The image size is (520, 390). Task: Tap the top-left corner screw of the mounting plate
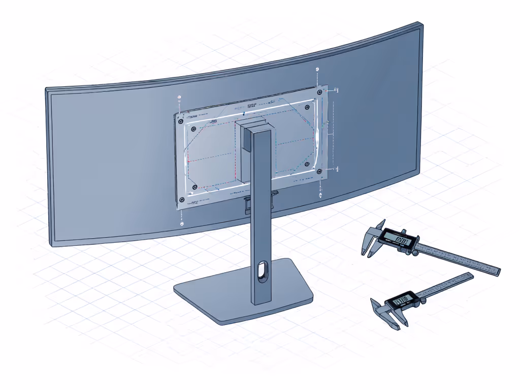179,122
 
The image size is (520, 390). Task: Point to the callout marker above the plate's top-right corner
317,69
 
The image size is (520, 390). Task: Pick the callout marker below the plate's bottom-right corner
320,196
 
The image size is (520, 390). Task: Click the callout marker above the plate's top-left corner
179,97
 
